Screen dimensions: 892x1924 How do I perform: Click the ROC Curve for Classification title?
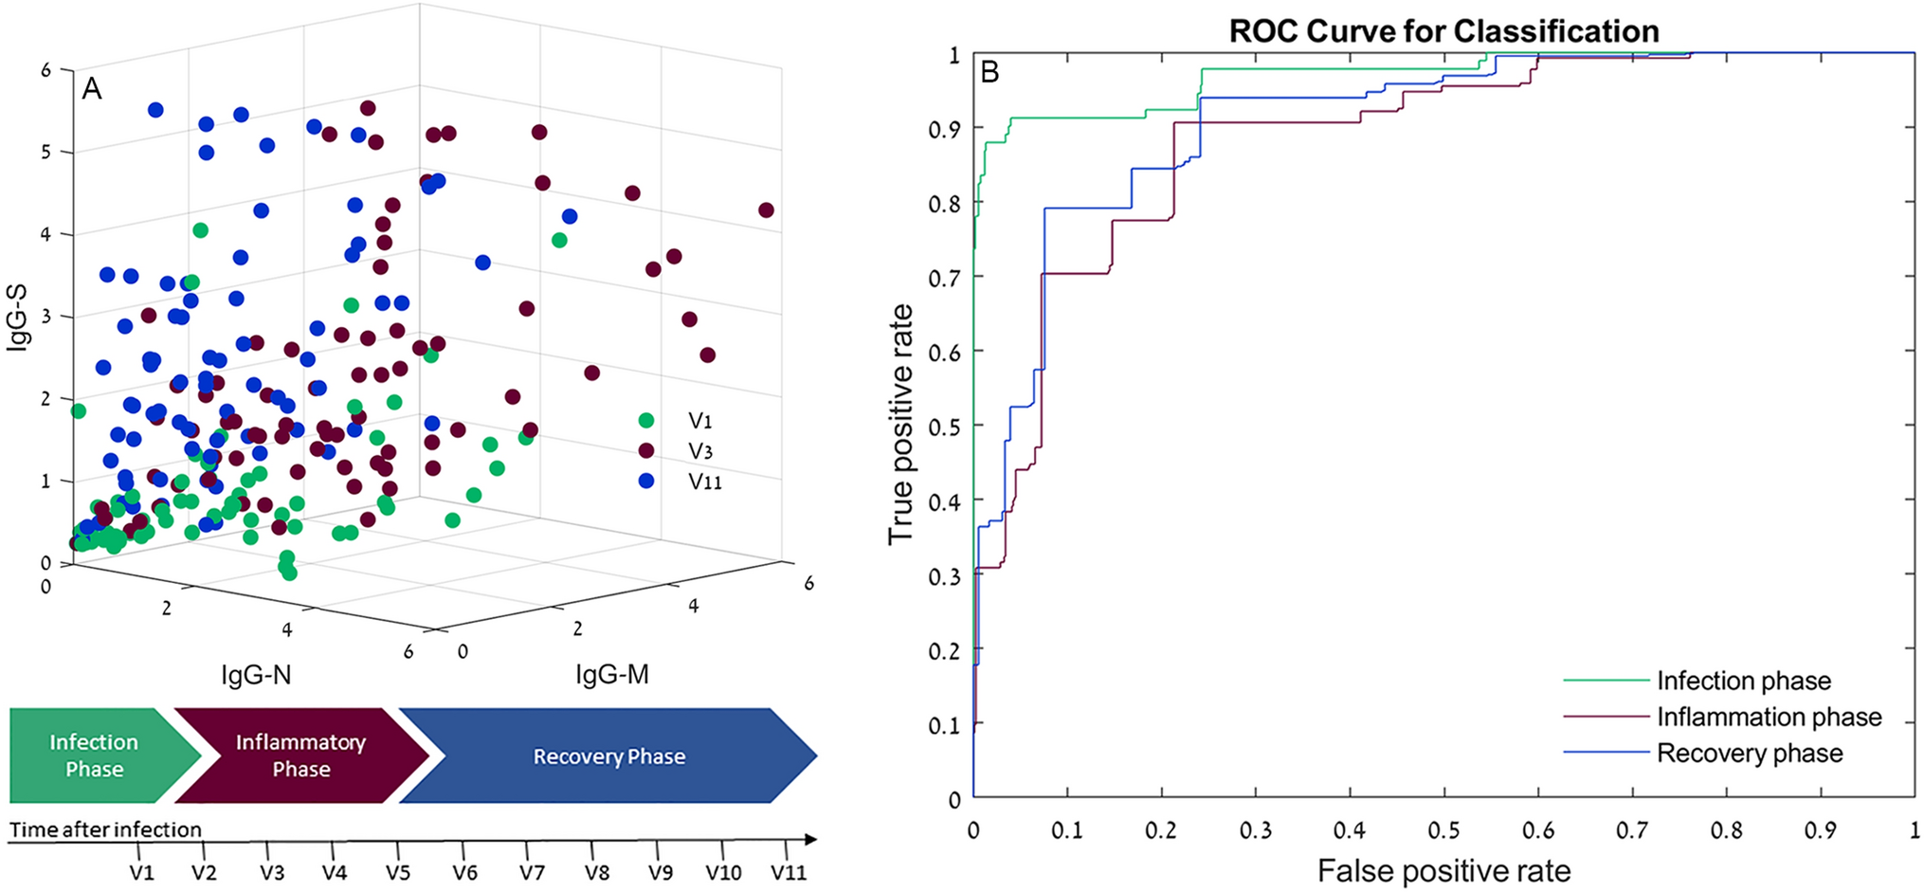pos(1443,31)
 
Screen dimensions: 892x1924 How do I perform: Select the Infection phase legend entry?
pos(1742,681)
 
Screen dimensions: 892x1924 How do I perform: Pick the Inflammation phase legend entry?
pos(1768,717)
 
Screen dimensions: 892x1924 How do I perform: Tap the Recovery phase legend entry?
pos(1749,754)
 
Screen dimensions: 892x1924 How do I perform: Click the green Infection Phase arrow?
pos(95,755)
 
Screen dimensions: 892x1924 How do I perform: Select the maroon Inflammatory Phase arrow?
pos(301,755)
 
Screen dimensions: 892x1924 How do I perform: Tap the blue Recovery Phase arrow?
pos(608,756)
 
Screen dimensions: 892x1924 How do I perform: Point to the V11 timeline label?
pos(788,872)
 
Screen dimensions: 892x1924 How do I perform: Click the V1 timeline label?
pos(142,872)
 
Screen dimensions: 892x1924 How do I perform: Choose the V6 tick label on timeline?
pos(464,872)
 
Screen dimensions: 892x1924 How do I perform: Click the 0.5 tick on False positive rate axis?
pos(1443,830)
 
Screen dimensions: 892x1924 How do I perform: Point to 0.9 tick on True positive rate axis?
pos(944,129)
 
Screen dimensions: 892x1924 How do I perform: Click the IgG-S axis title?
pos(17,316)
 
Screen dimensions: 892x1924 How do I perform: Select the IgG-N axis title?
pos(256,675)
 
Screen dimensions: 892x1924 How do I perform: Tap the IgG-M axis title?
pos(612,675)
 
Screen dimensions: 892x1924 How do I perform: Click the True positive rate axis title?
pos(900,424)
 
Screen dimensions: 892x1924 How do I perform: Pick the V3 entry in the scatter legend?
pos(699,451)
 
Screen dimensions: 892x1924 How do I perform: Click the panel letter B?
pos(989,72)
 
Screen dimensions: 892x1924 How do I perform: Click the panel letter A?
pos(92,88)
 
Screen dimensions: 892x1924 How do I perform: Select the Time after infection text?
pos(105,829)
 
